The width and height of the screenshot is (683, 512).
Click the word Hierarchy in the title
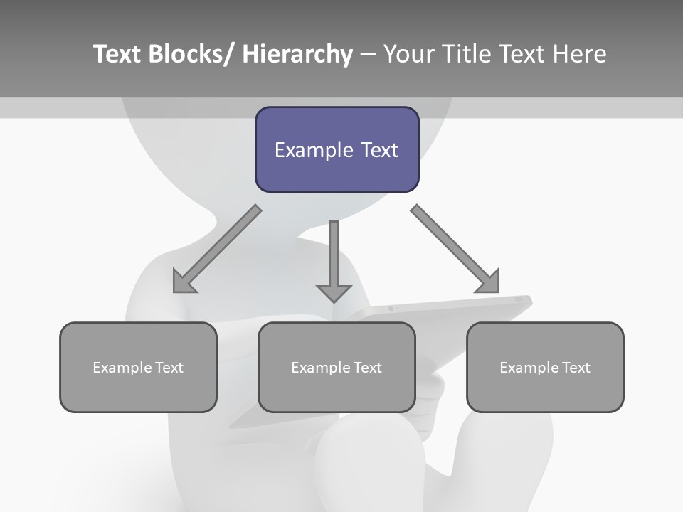pyautogui.click(x=297, y=54)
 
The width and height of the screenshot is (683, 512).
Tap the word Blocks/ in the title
pyautogui.click(x=191, y=54)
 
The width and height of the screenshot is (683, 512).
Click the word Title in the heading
pyautogui.click(x=466, y=54)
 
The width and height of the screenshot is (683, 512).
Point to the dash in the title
pyautogui.click(x=368, y=55)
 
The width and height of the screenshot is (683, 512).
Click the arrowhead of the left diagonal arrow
pyautogui.click(x=182, y=283)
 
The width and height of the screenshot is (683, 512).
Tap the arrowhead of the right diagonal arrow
pyautogui.click(x=489, y=282)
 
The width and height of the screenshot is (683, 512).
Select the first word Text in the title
pyautogui.click(x=117, y=54)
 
